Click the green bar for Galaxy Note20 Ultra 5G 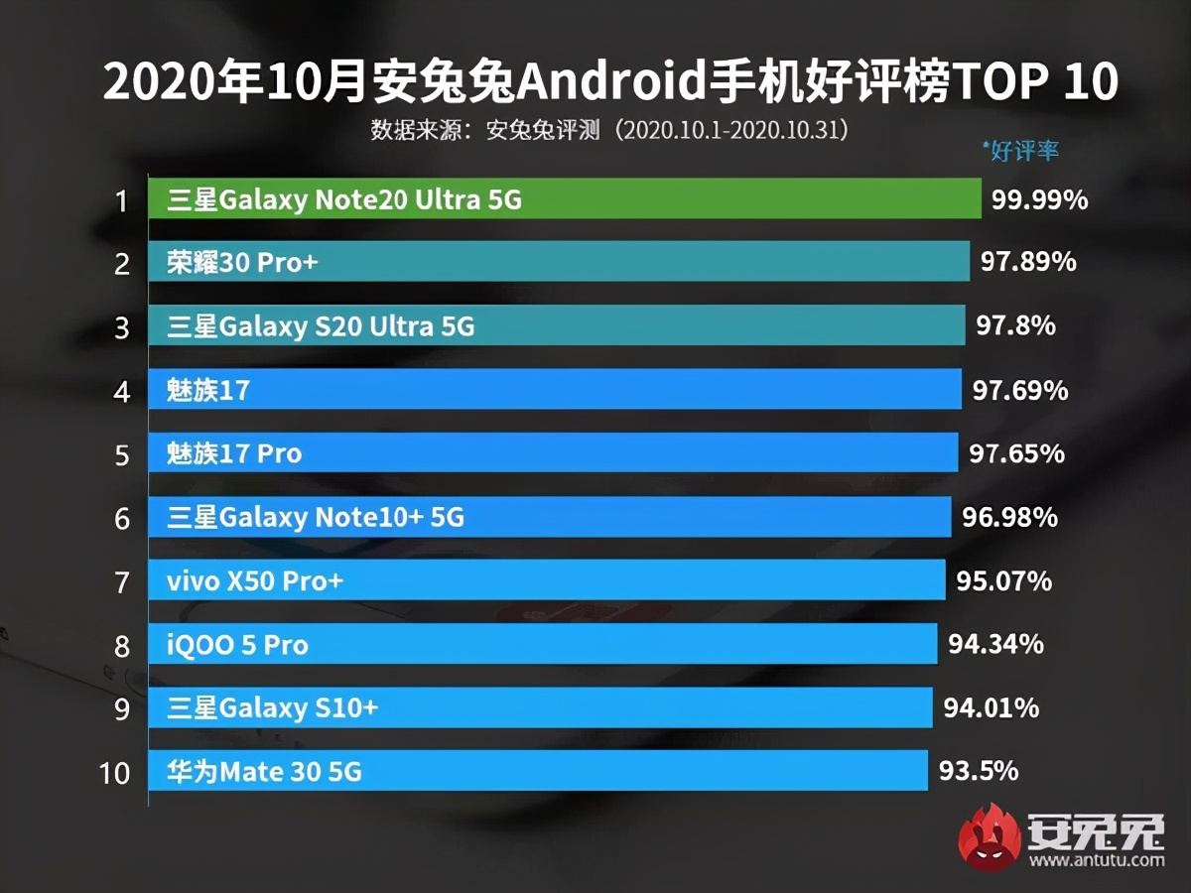click(x=564, y=199)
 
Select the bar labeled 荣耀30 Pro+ click(x=558, y=263)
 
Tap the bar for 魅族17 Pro click(x=552, y=453)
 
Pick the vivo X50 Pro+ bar click(x=546, y=580)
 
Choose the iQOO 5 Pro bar click(x=542, y=644)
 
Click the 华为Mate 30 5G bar click(x=537, y=770)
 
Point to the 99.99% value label click(x=1039, y=200)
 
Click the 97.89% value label click(x=1028, y=263)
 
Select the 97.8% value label click(x=1015, y=325)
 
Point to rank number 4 click(x=122, y=392)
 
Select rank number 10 click(x=114, y=772)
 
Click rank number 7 click(x=122, y=582)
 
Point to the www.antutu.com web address click(x=1097, y=859)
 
